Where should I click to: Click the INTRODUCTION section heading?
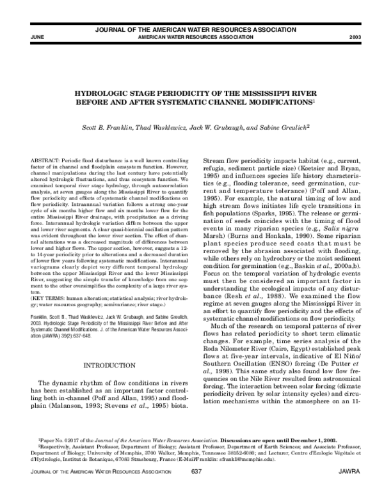[x=108, y=365]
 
